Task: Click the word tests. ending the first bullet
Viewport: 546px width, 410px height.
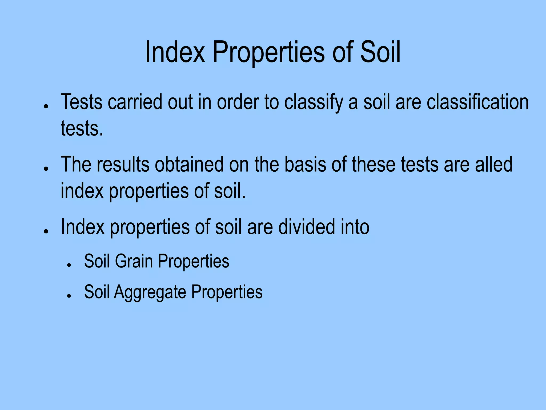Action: (82, 128)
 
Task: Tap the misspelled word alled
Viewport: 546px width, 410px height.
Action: (494, 164)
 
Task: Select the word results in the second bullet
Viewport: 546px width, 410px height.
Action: (123, 164)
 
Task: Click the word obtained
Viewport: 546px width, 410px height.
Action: (189, 164)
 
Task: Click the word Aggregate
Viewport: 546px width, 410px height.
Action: (150, 292)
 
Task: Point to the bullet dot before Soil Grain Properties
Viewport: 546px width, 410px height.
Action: (69, 265)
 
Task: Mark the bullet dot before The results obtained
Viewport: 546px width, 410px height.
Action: (46, 169)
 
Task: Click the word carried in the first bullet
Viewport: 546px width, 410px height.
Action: (135, 102)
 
